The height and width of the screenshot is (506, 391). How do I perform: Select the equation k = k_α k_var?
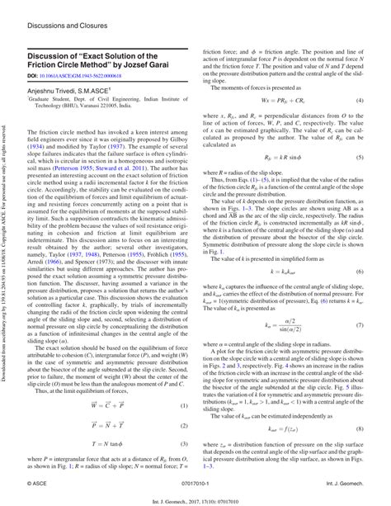283,271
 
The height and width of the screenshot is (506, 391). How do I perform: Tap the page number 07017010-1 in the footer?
196,480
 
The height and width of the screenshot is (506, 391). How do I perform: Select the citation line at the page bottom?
195,498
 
